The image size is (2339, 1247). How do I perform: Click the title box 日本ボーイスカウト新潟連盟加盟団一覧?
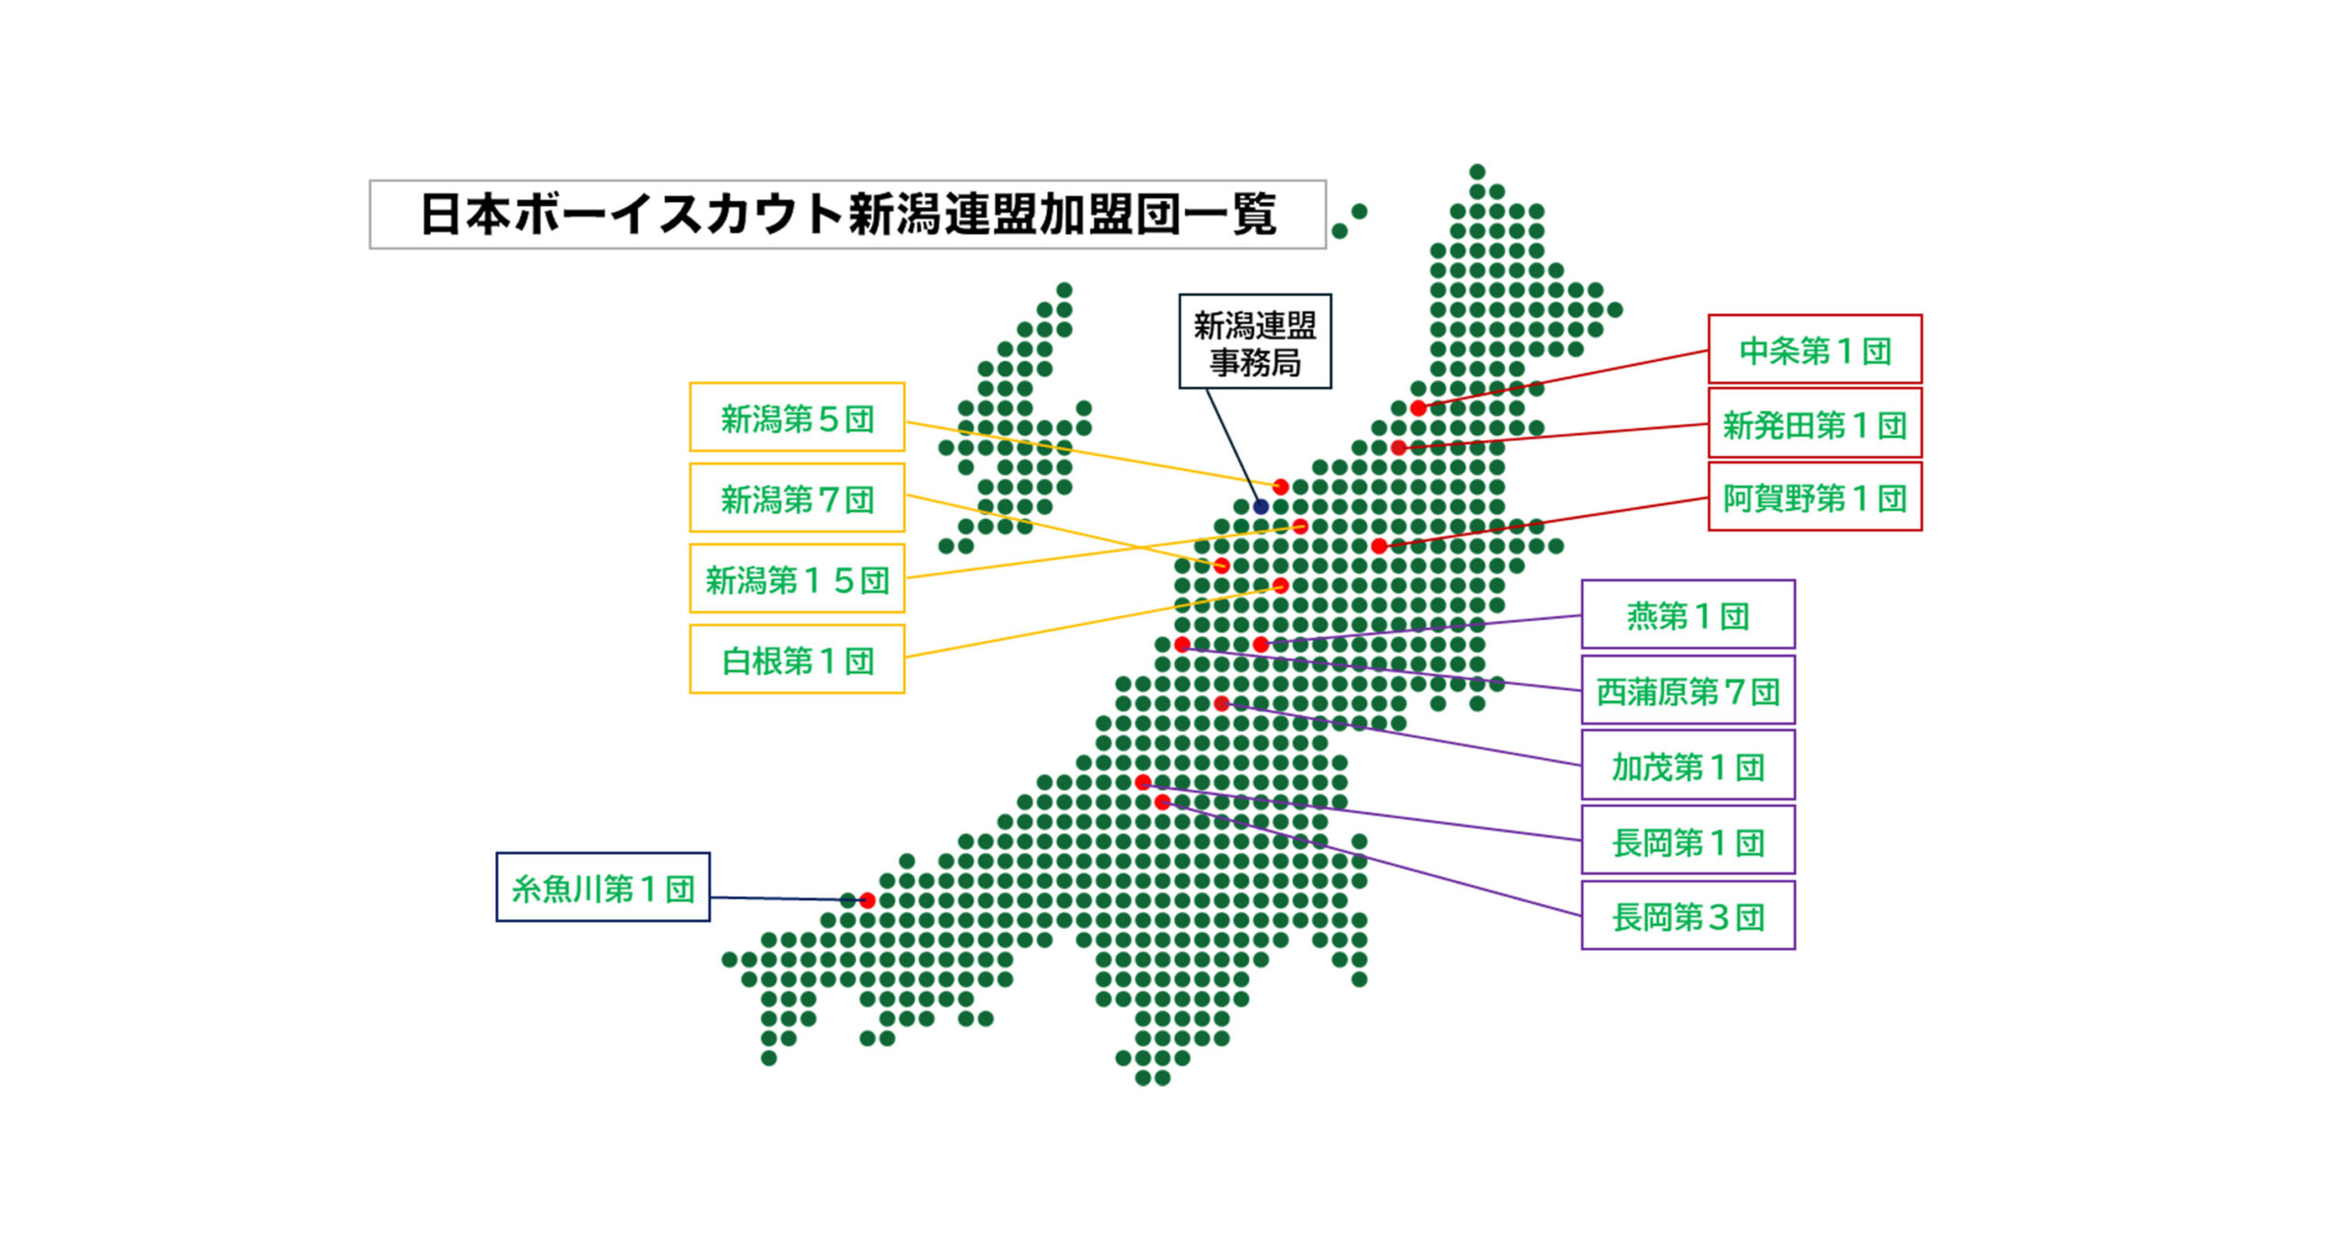[x=847, y=215]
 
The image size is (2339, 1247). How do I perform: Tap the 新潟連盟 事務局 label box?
[x=1254, y=342]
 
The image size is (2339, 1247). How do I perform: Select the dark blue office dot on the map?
[x=1261, y=506]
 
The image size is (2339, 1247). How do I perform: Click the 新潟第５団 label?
[x=797, y=417]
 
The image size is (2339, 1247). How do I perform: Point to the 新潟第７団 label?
[x=797, y=498]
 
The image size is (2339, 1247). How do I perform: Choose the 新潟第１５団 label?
[x=797, y=578]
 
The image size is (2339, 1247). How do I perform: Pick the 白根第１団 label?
[x=797, y=660]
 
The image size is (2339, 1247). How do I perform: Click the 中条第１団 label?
[x=1815, y=349]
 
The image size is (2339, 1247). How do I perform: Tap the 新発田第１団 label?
[x=1815, y=423]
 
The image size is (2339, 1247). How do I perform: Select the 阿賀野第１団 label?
[x=1815, y=497]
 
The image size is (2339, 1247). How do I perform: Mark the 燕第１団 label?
[x=1688, y=615]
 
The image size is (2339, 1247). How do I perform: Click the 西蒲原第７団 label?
[x=1688, y=691]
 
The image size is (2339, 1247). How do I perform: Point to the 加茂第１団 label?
[x=1688, y=766]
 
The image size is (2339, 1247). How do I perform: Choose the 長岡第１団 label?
[x=1688, y=841]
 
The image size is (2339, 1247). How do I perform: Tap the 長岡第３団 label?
[x=1688, y=915]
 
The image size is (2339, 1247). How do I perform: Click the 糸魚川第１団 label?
[x=603, y=887]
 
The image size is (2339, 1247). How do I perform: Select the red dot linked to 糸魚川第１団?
[x=867, y=901]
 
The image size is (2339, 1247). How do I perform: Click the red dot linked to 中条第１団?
[x=1418, y=408]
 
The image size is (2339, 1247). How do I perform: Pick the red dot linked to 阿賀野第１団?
[x=1379, y=546]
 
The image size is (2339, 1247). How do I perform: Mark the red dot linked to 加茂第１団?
[x=1222, y=703]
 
